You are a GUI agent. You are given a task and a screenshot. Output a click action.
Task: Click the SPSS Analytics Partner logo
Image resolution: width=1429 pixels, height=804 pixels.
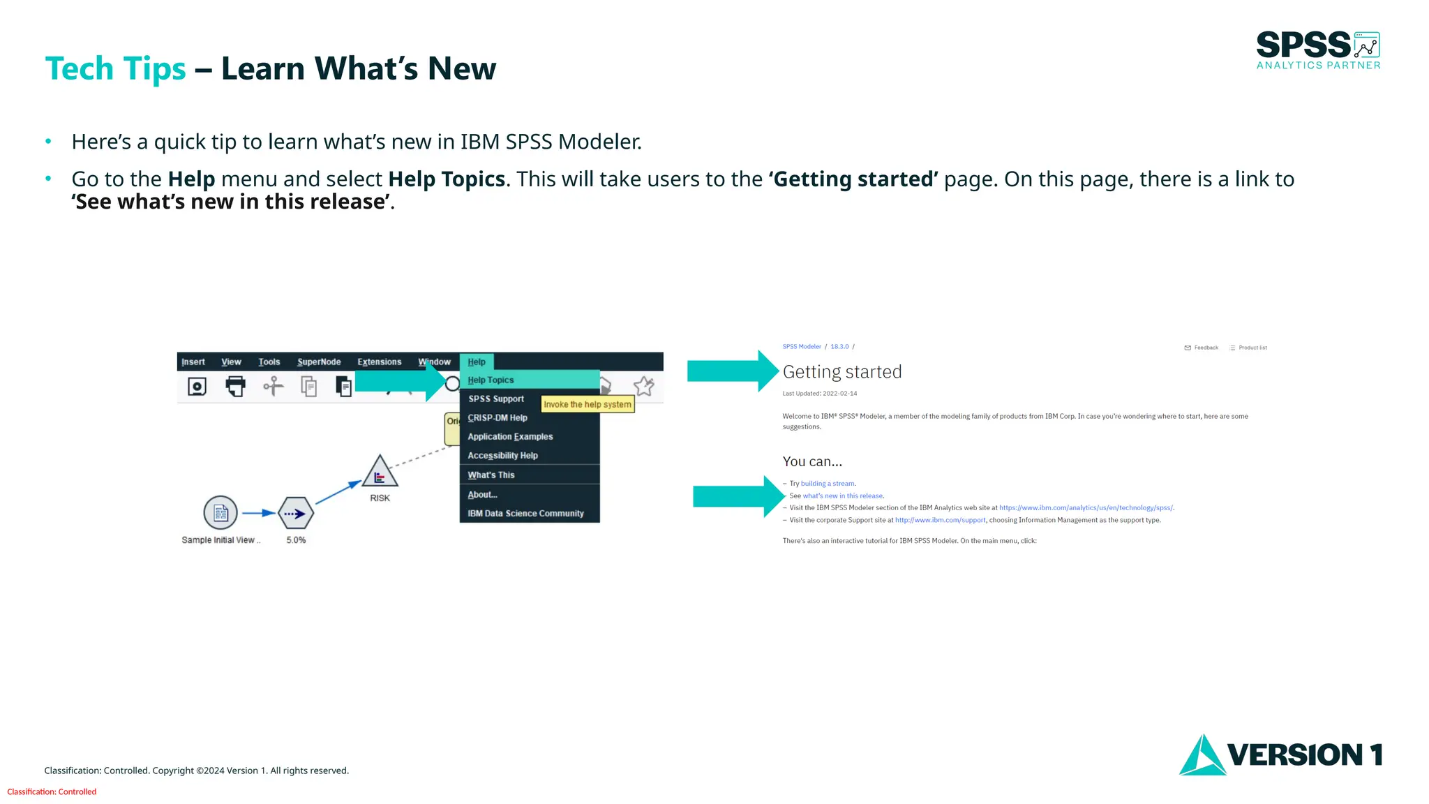click(x=1317, y=50)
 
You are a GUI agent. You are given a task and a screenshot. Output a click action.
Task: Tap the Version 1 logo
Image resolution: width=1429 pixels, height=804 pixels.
click(x=1280, y=754)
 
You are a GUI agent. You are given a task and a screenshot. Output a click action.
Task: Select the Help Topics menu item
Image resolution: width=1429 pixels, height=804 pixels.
click(x=491, y=380)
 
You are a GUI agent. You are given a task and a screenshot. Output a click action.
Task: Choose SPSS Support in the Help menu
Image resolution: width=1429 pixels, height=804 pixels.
click(x=496, y=399)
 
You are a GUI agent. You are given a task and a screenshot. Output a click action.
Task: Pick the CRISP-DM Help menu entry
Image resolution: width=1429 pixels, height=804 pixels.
click(x=497, y=418)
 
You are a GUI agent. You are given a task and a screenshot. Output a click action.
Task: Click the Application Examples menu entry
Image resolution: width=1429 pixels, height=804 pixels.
click(x=510, y=437)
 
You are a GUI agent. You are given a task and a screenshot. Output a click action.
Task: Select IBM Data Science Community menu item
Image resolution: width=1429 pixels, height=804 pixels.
click(x=525, y=514)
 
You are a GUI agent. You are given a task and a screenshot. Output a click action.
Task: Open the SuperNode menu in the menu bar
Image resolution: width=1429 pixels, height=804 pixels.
click(x=319, y=362)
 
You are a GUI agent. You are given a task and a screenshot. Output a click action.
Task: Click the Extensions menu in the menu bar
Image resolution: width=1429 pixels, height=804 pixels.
click(x=379, y=362)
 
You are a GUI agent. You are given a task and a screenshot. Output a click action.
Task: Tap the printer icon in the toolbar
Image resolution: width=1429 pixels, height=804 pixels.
click(x=236, y=386)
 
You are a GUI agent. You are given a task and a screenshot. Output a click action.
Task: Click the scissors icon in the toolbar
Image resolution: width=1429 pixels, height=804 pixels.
click(x=274, y=386)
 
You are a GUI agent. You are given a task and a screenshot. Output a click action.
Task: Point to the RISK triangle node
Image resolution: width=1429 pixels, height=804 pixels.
click(x=380, y=472)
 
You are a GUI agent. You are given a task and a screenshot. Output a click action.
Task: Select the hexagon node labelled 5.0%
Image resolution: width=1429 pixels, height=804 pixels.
click(x=296, y=514)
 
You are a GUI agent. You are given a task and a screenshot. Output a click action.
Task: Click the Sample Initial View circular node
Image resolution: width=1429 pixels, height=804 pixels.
click(x=220, y=514)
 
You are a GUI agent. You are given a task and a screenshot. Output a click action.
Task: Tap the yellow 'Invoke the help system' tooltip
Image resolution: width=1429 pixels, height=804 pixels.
click(x=588, y=405)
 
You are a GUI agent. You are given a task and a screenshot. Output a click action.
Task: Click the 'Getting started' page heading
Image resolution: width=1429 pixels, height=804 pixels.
click(x=842, y=372)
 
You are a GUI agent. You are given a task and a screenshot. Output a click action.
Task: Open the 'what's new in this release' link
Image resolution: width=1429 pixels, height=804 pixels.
click(x=842, y=496)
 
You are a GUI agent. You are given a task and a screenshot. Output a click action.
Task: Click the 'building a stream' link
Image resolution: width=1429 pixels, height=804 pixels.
click(x=828, y=484)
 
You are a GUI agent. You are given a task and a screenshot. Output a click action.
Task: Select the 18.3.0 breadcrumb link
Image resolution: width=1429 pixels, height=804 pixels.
click(x=839, y=347)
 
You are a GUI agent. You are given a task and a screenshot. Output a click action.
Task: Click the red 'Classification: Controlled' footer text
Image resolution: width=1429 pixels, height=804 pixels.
click(x=52, y=792)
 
